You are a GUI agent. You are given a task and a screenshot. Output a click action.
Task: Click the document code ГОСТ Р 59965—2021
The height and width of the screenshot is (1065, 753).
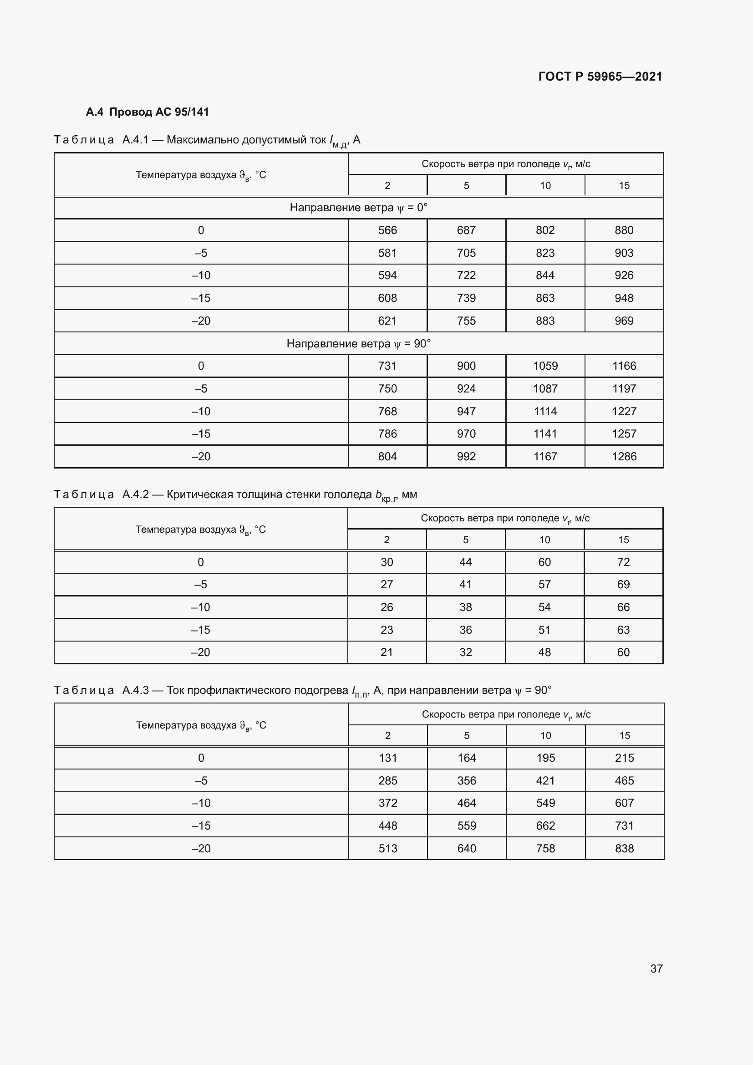click(600, 76)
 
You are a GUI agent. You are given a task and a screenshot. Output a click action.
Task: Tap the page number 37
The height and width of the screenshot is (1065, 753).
click(656, 968)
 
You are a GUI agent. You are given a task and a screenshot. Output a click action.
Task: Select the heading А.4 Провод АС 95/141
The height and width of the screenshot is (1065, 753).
click(148, 112)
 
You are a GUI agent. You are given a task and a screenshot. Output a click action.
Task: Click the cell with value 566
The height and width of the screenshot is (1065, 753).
click(387, 230)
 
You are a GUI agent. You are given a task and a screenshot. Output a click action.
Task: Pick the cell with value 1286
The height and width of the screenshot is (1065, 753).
click(624, 456)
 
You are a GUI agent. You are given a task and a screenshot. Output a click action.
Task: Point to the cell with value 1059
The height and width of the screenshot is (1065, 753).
click(545, 366)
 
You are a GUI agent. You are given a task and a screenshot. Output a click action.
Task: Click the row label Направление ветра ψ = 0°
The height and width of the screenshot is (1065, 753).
click(358, 207)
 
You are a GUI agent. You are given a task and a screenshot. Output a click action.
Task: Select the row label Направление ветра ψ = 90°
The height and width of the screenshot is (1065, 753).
click(358, 344)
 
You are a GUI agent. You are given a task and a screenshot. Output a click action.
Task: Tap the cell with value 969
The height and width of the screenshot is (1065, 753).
click(624, 321)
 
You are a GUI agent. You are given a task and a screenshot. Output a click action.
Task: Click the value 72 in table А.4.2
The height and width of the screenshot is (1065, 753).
click(623, 562)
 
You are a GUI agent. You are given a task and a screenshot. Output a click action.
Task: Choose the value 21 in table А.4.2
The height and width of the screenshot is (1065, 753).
click(387, 652)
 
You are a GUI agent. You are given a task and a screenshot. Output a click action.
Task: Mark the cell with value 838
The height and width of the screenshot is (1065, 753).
click(624, 848)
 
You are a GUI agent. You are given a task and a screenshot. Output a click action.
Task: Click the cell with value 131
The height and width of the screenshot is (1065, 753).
click(387, 758)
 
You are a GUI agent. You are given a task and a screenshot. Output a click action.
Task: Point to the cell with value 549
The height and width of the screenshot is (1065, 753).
click(545, 803)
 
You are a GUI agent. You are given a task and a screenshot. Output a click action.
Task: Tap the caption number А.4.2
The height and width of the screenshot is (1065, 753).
click(135, 494)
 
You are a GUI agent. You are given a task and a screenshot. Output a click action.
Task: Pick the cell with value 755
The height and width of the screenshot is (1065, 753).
click(466, 321)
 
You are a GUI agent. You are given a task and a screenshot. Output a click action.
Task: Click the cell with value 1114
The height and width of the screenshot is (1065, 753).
click(545, 412)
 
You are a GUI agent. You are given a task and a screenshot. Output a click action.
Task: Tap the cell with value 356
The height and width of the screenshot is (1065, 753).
click(467, 781)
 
